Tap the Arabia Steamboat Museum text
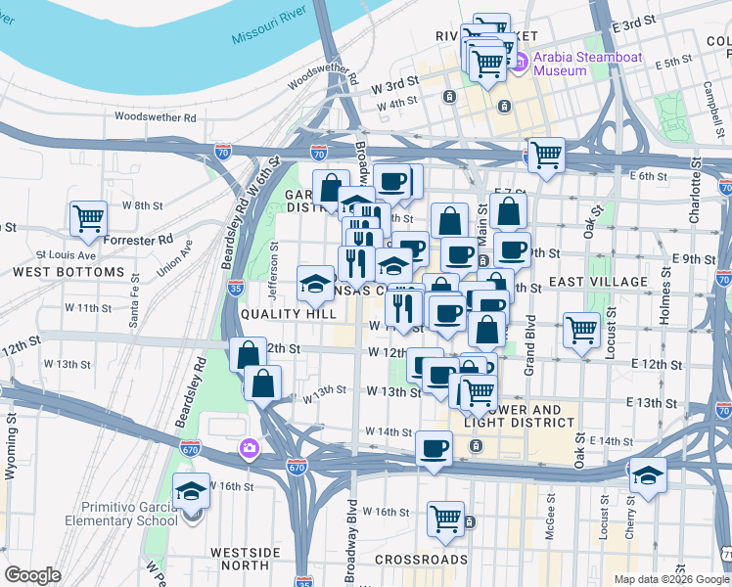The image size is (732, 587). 587,64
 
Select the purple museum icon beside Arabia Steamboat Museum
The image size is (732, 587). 521,63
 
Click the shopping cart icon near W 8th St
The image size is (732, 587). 88,217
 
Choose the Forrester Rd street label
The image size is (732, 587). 141,239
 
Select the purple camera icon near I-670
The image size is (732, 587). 250,448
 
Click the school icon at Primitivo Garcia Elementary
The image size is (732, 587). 192,492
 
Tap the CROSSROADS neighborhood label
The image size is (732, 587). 422,560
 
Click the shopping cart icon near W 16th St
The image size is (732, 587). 445,517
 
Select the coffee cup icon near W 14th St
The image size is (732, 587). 434,448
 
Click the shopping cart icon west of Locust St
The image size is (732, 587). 581,329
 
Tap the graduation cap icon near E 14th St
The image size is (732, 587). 647,475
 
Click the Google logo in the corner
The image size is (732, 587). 32,575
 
